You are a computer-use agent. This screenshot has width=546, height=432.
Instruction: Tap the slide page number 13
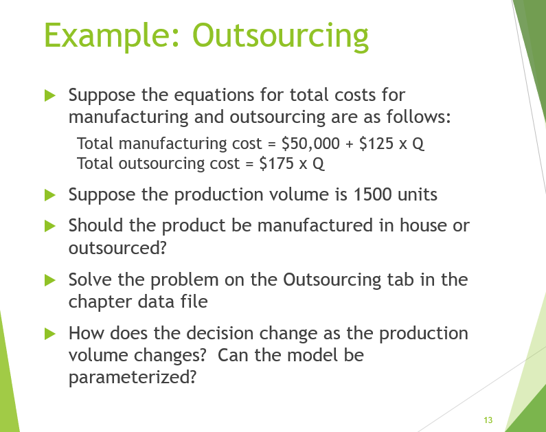[488, 420]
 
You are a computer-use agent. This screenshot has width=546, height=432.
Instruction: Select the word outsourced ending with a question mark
[117, 247]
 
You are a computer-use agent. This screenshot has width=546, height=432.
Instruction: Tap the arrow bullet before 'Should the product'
[49, 225]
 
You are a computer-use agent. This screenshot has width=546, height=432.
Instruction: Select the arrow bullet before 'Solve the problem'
[49, 280]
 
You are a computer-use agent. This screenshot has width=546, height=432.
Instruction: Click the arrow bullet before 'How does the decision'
[49, 334]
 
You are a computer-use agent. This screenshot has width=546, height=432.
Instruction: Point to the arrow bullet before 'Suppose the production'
[49, 195]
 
